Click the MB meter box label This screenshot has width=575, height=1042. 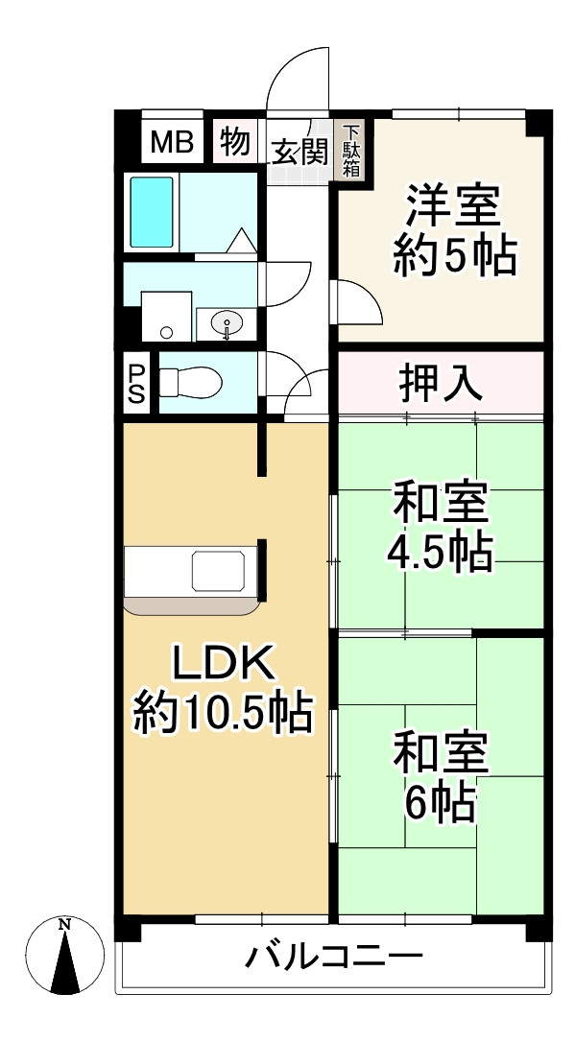click(x=172, y=141)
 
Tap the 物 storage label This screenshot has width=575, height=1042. click(x=234, y=141)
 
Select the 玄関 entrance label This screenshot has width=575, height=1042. click(x=299, y=153)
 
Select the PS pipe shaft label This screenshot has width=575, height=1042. click(x=135, y=384)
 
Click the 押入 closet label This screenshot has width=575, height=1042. click(x=441, y=384)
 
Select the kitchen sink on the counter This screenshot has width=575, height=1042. click(x=218, y=570)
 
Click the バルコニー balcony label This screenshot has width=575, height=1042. click(x=334, y=958)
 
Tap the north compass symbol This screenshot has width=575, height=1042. click(x=64, y=955)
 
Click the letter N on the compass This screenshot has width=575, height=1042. click(x=64, y=924)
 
